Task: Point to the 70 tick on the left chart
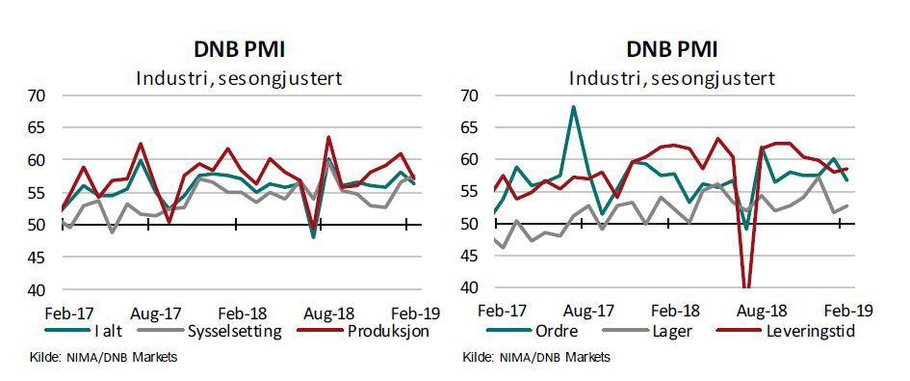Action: pyautogui.click(x=36, y=95)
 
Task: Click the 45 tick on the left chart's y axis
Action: pyautogui.click(x=36, y=258)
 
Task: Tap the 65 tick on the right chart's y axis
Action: pyautogui.click(x=469, y=127)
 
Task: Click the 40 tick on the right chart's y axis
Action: pyautogui.click(x=469, y=287)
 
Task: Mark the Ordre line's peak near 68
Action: pyautogui.click(x=574, y=107)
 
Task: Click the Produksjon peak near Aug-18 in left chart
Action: pyautogui.click(x=328, y=137)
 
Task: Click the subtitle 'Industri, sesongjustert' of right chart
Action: pyautogui.click(x=671, y=77)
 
